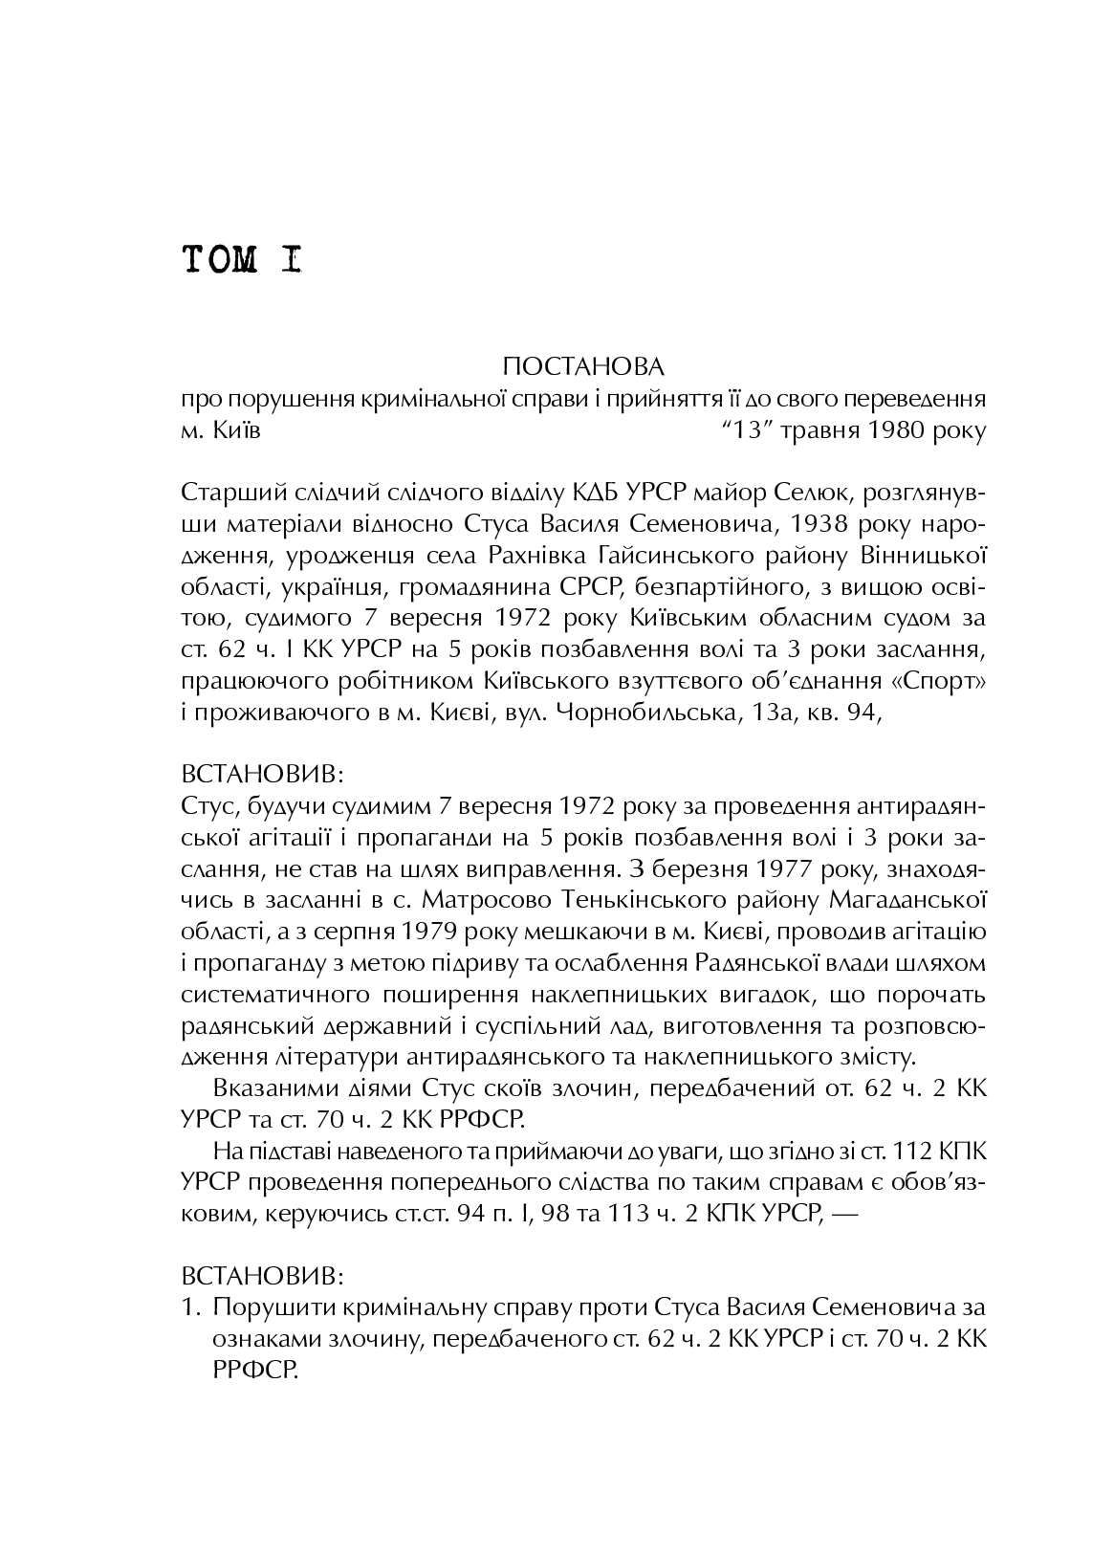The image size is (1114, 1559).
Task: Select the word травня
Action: pyautogui.click(x=819, y=430)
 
